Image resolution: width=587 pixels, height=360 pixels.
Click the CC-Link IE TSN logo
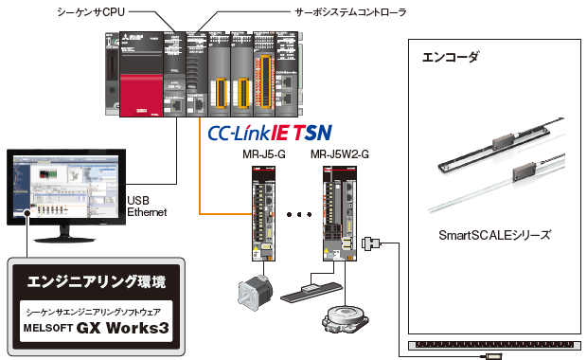(x=270, y=133)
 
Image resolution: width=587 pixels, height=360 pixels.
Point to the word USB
(x=138, y=201)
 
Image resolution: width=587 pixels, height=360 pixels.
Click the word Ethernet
(x=147, y=213)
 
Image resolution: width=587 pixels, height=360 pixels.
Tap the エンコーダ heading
(x=450, y=57)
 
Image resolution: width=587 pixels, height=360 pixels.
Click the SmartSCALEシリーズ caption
(x=494, y=234)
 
